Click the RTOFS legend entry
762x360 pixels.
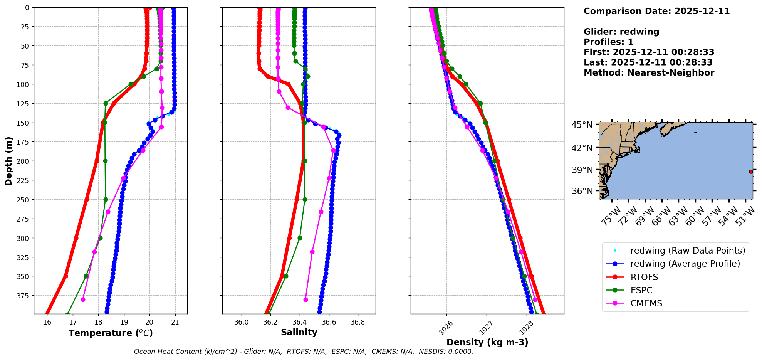[644, 277]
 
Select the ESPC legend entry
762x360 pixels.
[641, 290]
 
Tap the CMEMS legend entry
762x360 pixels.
[646, 303]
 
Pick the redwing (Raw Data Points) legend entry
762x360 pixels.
[688, 251]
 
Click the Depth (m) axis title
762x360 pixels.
[8, 161]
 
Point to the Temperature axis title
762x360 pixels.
[111, 333]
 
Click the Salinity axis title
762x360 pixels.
[299, 332]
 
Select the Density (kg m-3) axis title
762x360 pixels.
[487, 342]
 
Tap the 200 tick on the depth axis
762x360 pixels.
[23, 161]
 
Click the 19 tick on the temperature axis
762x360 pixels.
[124, 322]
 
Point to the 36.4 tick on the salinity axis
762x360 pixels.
[299, 322]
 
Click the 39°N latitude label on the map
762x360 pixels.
[582, 170]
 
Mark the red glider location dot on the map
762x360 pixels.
[751, 172]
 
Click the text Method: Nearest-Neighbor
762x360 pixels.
[649, 73]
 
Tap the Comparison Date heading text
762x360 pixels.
[656, 11]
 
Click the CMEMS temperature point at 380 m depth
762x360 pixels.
[83, 299]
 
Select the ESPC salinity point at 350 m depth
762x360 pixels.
[286, 276]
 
